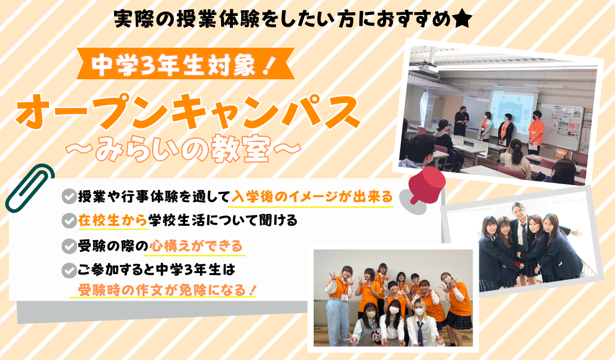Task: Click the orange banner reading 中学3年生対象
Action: pyautogui.click(x=186, y=64)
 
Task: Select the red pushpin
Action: pyautogui.click(x=426, y=186)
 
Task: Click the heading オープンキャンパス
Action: pyautogui.click(x=188, y=113)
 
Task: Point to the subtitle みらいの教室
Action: pyautogui.click(x=184, y=149)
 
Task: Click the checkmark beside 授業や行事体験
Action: pyautogui.click(x=69, y=196)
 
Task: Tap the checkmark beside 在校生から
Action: pyautogui.click(x=69, y=221)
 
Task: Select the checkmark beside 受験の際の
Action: pyautogui.click(x=69, y=246)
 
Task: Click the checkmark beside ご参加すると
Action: pyautogui.click(x=69, y=270)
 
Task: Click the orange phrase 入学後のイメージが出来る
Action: pyautogui.click(x=312, y=196)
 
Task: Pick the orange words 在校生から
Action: pyautogui.click(x=113, y=221)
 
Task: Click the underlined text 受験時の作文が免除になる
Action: pyautogui.click(x=167, y=290)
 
